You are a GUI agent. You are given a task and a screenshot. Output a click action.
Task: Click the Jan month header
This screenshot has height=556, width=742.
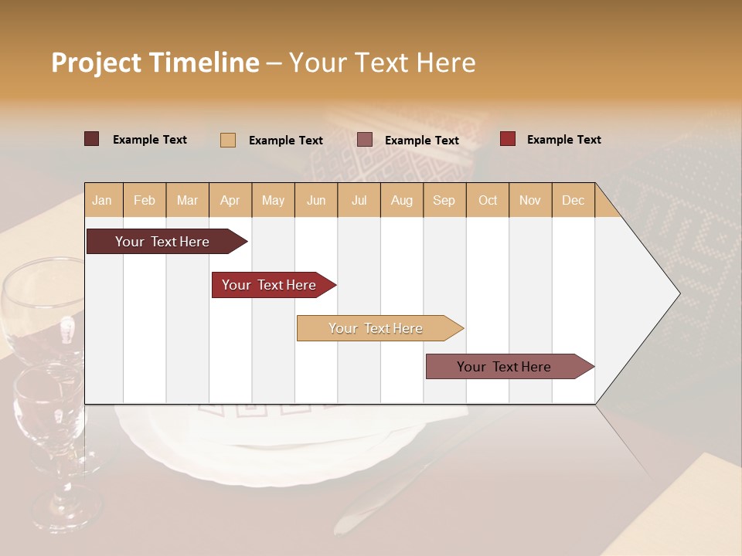point(102,201)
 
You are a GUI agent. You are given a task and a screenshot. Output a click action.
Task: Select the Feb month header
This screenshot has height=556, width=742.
point(145,201)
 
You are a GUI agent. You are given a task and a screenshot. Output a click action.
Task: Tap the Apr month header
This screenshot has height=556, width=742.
point(230,201)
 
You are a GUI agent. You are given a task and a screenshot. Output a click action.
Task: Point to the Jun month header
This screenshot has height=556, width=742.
point(316,201)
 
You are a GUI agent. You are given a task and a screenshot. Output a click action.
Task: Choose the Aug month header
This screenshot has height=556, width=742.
point(401,201)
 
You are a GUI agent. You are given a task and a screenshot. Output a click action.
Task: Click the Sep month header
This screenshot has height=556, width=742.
point(444,201)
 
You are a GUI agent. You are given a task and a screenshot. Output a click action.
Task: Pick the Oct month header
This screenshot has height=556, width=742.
point(488,201)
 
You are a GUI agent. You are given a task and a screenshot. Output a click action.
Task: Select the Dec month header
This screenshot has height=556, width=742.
point(573,201)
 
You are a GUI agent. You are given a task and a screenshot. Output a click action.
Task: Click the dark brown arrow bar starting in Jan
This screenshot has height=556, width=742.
point(162,242)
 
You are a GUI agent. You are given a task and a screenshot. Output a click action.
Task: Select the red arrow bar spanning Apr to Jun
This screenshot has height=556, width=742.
point(269,285)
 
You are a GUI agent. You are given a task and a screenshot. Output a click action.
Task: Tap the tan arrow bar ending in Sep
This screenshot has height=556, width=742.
point(376,328)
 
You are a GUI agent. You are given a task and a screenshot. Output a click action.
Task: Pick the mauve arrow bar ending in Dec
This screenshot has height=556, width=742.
point(504,367)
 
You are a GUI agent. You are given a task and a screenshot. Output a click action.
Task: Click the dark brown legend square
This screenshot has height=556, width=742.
point(92,139)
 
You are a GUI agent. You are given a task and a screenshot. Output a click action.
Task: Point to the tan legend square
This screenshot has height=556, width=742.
point(228,140)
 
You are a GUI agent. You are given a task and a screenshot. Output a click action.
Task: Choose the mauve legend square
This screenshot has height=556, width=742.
point(365,140)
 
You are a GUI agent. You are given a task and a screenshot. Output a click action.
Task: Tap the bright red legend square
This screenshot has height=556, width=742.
point(508,139)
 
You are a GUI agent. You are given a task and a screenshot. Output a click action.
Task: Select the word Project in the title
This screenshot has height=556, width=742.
point(95,63)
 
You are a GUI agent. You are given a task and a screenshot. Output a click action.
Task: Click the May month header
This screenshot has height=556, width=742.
point(273,201)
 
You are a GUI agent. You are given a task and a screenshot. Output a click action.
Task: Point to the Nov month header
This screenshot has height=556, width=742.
point(530,201)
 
